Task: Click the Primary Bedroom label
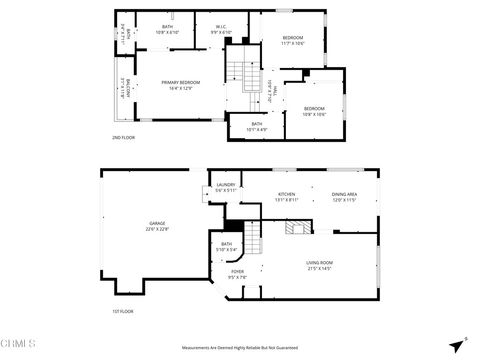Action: tap(176, 87)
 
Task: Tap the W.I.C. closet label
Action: tap(221, 30)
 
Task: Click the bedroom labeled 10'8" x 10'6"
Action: tap(314, 111)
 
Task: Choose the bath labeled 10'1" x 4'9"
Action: tap(258, 127)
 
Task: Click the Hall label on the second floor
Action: tap(271, 93)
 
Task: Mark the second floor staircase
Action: tap(237, 74)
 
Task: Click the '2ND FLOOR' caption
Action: tap(124, 137)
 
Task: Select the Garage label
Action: tap(158, 227)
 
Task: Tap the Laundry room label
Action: tap(225, 187)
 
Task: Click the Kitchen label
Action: tap(286, 197)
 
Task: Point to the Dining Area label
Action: tap(344, 197)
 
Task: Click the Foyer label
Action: tap(237, 302)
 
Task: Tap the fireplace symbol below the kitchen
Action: tap(294, 228)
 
